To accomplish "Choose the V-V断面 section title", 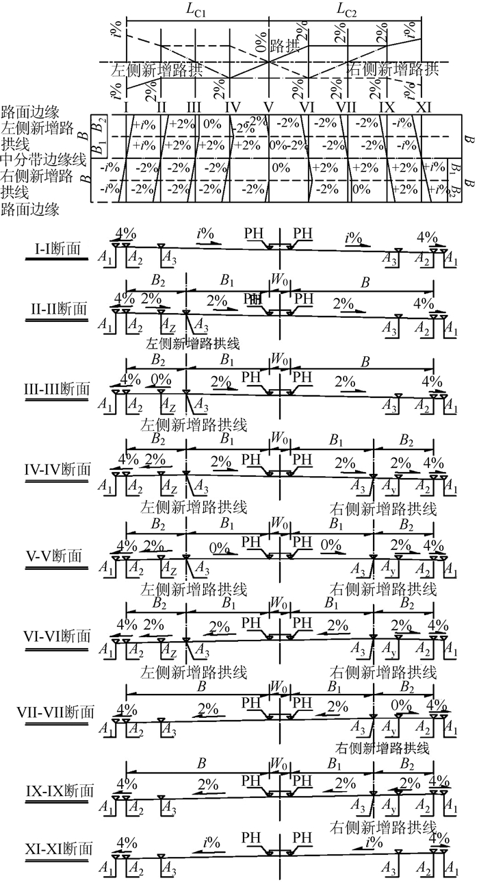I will pyautogui.click(x=57, y=554).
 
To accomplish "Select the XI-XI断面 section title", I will pyautogui.click(x=57, y=849).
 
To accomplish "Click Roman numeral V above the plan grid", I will pyautogui.click(x=268, y=108).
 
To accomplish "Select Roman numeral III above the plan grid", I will pyautogui.click(x=194, y=108).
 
